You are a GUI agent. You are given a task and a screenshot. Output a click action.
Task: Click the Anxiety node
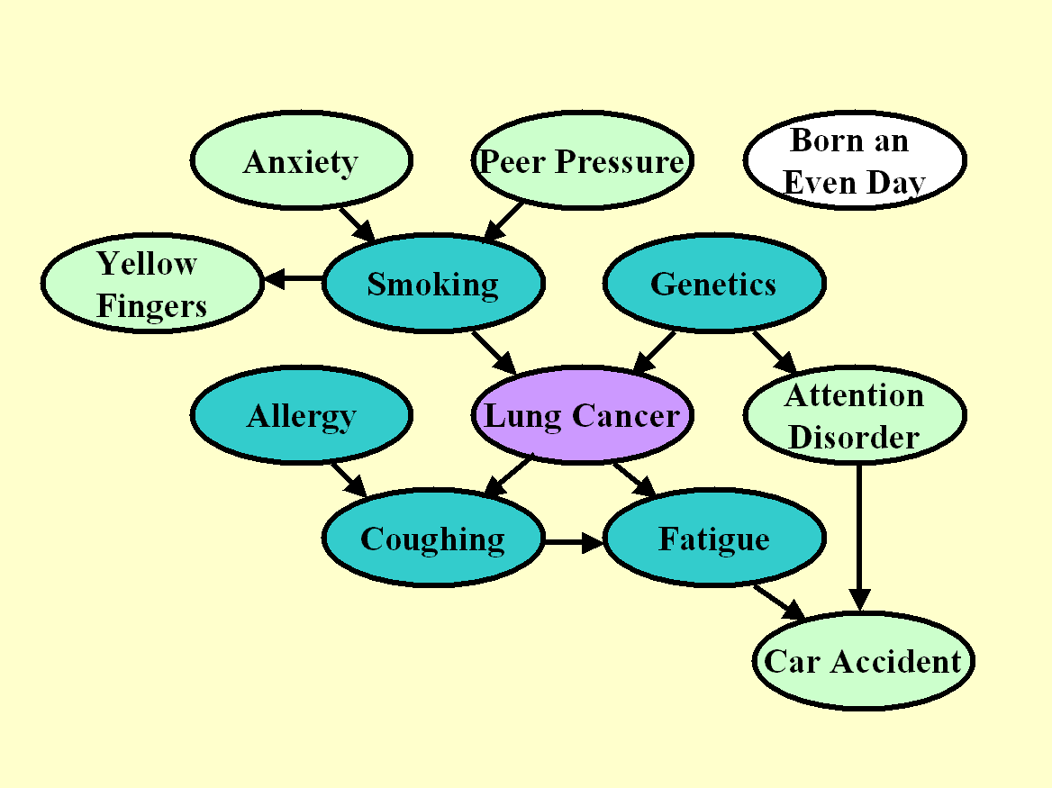click(301, 161)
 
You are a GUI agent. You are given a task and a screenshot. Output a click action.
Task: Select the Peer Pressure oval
click(582, 161)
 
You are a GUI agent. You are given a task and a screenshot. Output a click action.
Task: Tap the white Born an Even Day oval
click(854, 161)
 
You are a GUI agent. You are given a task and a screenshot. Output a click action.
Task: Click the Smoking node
click(432, 284)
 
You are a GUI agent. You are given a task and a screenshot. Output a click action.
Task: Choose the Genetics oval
click(713, 284)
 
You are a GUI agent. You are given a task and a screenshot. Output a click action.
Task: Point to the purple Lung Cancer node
click(582, 415)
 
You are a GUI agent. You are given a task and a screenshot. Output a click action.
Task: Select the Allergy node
click(301, 415)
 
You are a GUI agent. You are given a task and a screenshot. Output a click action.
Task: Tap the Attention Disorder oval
click(854, 415)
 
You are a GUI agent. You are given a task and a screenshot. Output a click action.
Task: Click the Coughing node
click(432, 539)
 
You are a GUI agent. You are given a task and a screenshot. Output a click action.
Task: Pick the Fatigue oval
click(713, 539)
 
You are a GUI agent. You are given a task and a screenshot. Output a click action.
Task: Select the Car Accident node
click(863, 661)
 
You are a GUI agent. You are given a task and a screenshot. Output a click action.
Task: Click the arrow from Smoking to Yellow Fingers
click(293, 279)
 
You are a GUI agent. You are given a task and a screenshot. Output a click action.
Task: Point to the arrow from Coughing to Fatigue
click(574, 542)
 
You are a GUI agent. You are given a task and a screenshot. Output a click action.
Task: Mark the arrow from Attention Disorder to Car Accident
click(859, 537)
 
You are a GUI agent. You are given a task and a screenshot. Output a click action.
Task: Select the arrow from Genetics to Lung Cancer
click(654, 352)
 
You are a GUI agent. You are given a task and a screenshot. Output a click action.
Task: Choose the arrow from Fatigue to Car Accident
click(778, 602)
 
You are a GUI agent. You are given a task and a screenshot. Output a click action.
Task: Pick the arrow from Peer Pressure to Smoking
click(503, 222)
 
